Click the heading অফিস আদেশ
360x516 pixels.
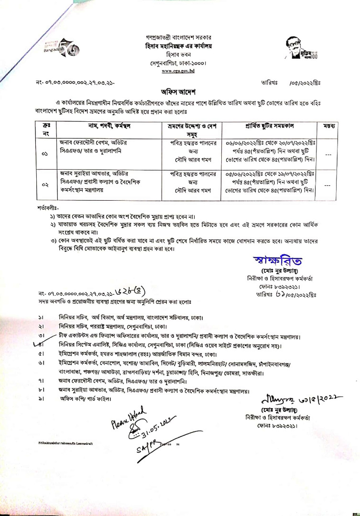[180, 91]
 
